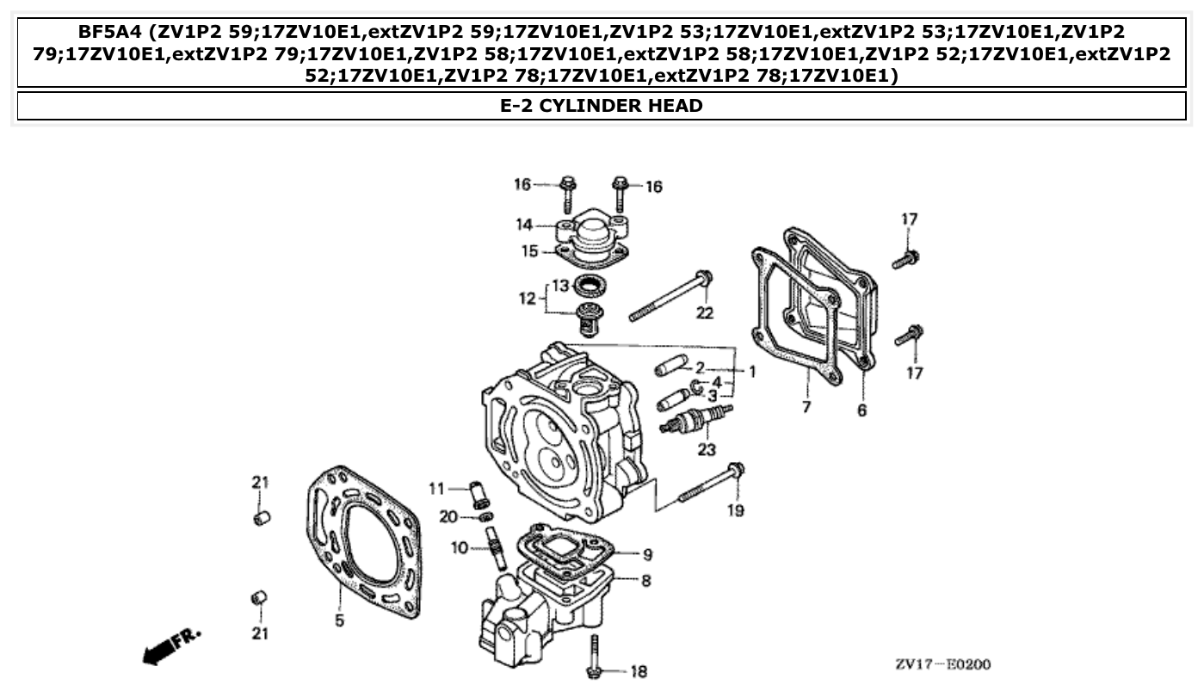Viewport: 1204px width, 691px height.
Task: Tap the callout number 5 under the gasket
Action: pyautogui.click(x=339, y=620)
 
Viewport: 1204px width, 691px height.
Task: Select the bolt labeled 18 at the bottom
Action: pyautogui.click(x=593, y=659)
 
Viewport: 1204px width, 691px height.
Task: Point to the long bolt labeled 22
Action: pyautogui.click(x=670, y=297)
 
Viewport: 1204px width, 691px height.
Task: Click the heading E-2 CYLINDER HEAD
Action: pyautogui.click(x=601, y=106)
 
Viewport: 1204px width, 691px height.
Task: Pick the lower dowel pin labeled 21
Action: pyautogui.click(x=258, y=598)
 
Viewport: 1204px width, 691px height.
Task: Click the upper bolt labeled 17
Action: pyautogui.click(x=905, y=258)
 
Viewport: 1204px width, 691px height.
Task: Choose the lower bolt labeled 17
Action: pyautogui.click(x=908, y=336)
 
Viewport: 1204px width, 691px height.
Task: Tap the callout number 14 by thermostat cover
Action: pyautogui.click(x=524, y=225)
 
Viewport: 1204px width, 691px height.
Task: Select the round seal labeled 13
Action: pyautogui.click(x=590, y=285)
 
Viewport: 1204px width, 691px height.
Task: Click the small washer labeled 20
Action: pyautogui.click(x=485, y=516)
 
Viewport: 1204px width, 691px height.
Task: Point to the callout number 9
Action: pyautogui.click(x=647, y=554)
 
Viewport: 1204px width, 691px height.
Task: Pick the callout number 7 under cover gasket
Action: pyautogui.click(x=806, y=407)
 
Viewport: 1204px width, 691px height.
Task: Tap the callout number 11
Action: pyautogui.click(x=436, y=489)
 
